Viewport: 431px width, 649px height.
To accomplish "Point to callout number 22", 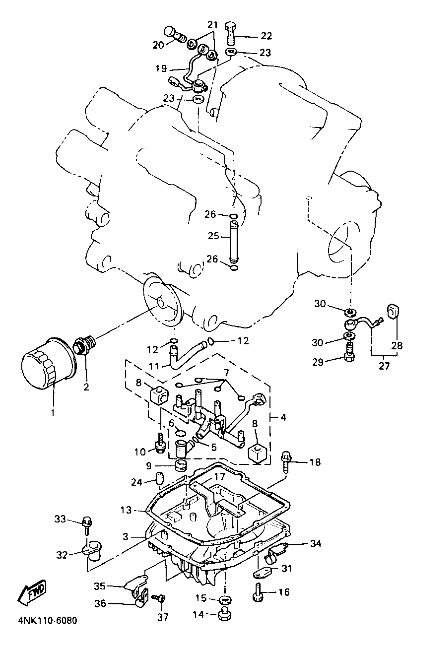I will pyautogui.click(x=266, y=36).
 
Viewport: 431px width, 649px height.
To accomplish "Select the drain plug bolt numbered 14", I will pyautogui.click(x=225, y=616).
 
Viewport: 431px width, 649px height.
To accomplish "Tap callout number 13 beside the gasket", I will pyautogui.click(x=126, y=510).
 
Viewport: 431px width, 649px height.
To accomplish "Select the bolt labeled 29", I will pyautogui.click(x=349, y=356).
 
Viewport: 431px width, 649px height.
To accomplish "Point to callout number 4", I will pyautogui.click(x=283, y=418).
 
